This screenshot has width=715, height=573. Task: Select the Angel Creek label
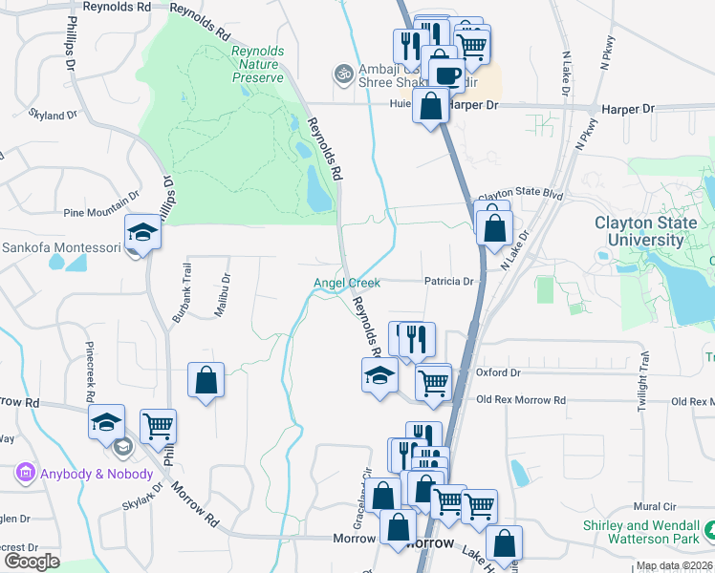tap(347, 283)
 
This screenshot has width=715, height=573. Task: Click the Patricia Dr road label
tap(449, 282)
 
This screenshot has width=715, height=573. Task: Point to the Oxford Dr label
tap(497, 372)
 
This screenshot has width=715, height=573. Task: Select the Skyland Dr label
tap(53, 115)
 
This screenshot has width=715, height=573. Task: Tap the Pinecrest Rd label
tap(91, 371)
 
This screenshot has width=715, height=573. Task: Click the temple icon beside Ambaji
tap(341, 73)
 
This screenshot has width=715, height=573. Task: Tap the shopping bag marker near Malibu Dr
tap(206, 381)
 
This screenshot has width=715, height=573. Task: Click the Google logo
tap(32, 562)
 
